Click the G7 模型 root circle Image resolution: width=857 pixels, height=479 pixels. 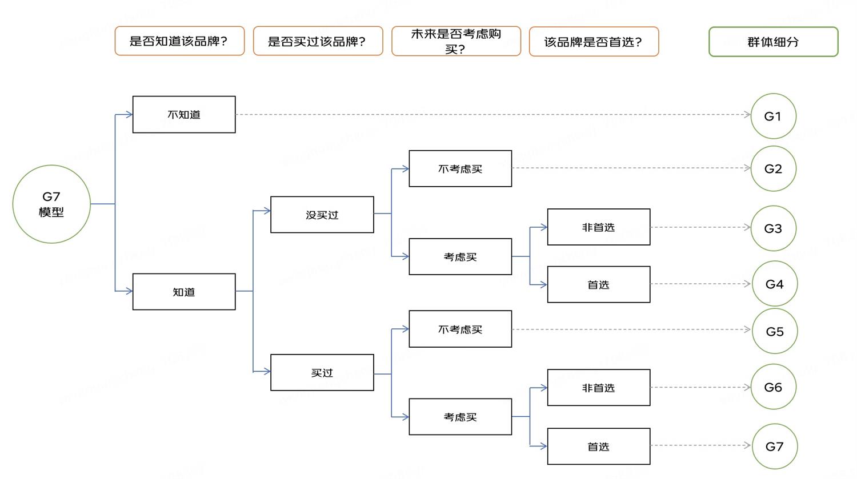(51, 204)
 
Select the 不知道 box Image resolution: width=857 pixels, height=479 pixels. (184, 115)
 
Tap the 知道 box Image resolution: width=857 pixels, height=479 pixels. (184, 292)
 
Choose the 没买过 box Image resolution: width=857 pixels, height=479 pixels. (322, 215)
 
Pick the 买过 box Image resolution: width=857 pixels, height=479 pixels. (322, 373)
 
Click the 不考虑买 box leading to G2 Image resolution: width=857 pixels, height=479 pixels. (460, 168)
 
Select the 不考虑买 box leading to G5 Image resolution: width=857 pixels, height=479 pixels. (460, 329)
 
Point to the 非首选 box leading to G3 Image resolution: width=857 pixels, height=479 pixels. (599, 227)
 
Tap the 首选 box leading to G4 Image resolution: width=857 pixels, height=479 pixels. (599, 284)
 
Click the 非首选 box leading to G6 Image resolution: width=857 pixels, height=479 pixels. (599, 388)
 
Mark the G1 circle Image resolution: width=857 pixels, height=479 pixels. (773, 116)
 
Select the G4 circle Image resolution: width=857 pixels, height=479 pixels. (774, 284)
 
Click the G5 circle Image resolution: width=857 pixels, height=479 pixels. (775, 331)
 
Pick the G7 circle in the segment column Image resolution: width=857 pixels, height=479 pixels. (774, 446)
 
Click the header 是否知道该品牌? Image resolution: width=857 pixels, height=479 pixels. (179, 41)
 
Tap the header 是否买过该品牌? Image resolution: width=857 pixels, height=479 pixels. (318, 41)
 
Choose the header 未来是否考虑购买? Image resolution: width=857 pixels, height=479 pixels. (456, 41)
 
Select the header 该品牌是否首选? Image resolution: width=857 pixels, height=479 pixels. (594, 42)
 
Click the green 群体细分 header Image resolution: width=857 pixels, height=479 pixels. (773, 42)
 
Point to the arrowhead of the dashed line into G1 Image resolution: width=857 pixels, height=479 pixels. (748, 115)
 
